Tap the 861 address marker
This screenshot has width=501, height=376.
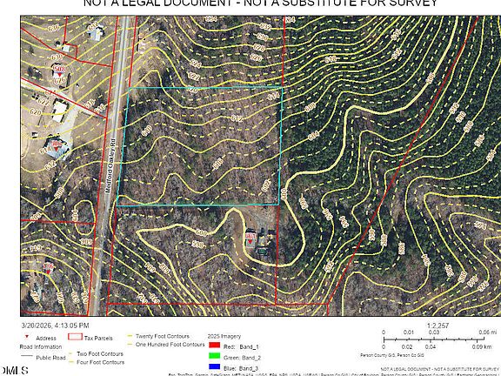click(x=250, y=236)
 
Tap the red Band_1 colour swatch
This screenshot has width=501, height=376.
click(x=214, y=346)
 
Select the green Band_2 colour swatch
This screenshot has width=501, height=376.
click(x=214, y=357)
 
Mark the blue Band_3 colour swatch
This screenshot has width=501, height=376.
click(x=214, y=367)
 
